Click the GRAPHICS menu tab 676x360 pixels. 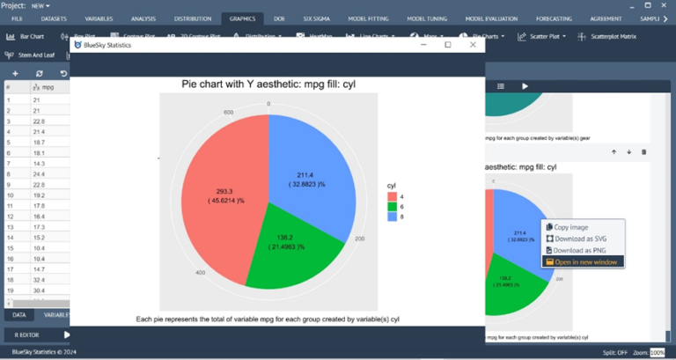pyautogui.click(x=242, y=18)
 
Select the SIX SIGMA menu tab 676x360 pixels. pyautogui.click(x=317, y=18)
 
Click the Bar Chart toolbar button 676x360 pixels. pyautogui.click(x=26, y=37)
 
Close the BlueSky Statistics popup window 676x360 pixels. pyautogui.click(x=474, y=45)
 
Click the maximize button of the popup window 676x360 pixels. pyautogui.click(x=448, y=45)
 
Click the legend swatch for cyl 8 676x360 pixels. pyautogui.click(x=392, y=217)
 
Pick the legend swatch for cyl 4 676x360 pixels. pyautogui.click(x=392, y=196)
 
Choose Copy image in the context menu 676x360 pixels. pyautogui.click(x=572, y=227)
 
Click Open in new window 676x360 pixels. pyautogui.click(x=584, y=261)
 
